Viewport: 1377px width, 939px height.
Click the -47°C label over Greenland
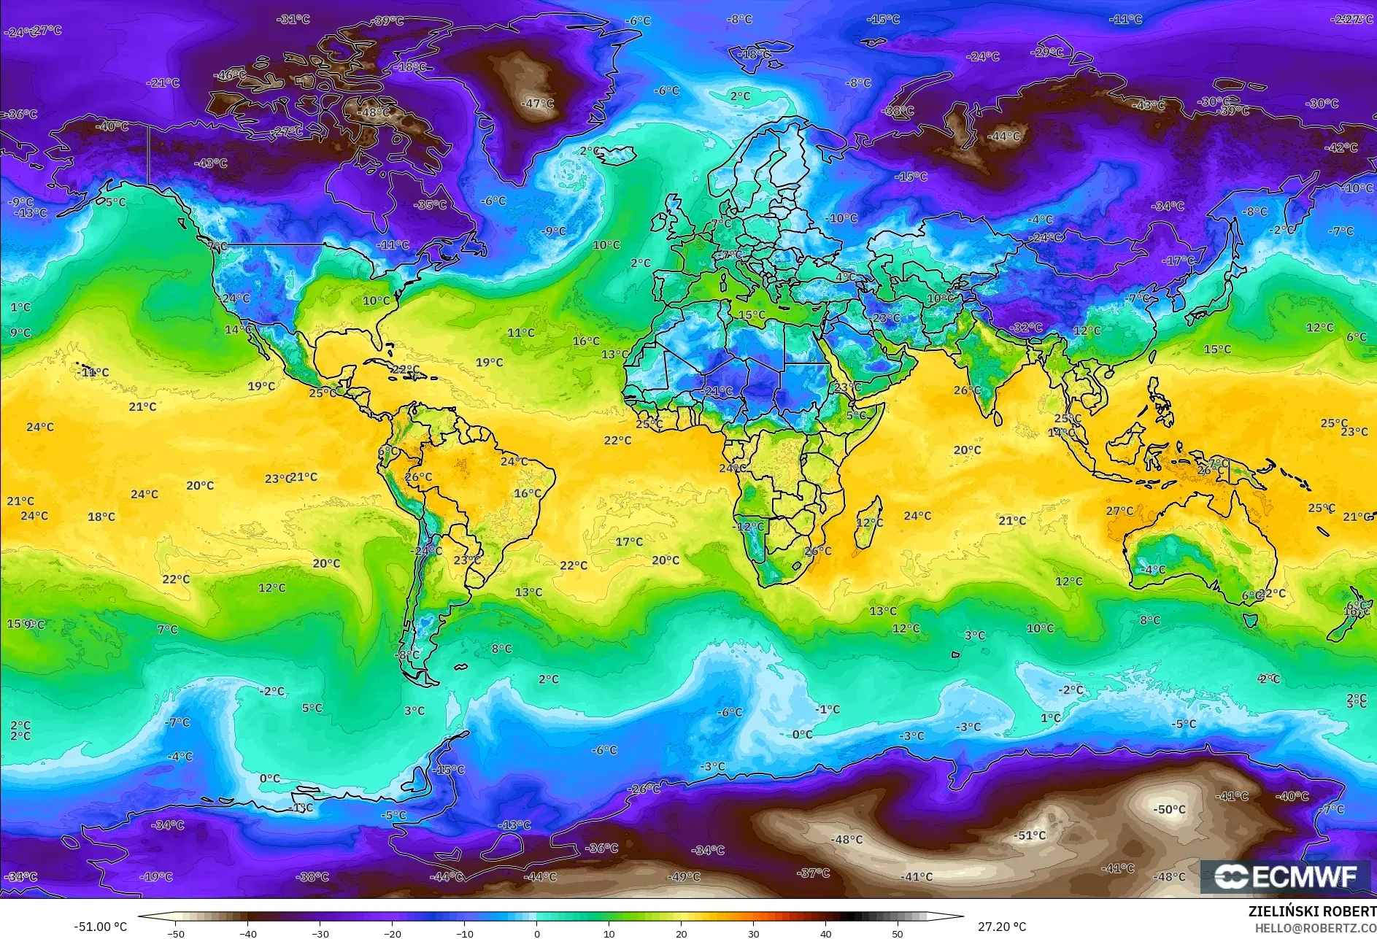(x=538, y=104)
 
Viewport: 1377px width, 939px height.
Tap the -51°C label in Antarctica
(x=1030, y=835)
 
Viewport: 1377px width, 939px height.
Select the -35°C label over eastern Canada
(x=430, y=205)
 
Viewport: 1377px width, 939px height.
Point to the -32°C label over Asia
(x=1027, y=328)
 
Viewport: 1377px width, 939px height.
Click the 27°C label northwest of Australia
(x=1119, y=511)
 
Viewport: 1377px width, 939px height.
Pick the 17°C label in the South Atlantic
(x=629, y=541)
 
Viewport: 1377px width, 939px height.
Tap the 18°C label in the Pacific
(x=101, y=517)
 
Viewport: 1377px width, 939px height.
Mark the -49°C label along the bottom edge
(x=684, y=876)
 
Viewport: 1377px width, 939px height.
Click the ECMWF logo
(x=1286, y=876)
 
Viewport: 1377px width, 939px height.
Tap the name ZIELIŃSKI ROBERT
(x=1311, y=911)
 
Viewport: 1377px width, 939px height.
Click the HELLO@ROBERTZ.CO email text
(x=1315, y=927)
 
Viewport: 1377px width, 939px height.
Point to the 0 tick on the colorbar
(x=537, y=933)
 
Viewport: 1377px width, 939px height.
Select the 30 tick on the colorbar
(x=754, y=933)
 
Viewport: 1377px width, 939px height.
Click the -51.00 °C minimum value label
(x=101, y=927)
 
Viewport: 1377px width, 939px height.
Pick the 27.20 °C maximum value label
(x=1001, y=927)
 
